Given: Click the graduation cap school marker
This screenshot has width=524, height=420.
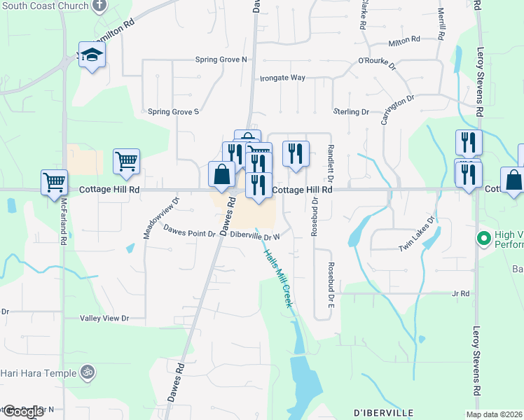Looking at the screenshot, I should coord(92,55).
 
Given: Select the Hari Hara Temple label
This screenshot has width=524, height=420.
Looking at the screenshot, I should coord(38,372).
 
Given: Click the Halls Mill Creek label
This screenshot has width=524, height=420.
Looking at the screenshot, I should coord(277,279).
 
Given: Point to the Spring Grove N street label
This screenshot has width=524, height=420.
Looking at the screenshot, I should coord(221,59).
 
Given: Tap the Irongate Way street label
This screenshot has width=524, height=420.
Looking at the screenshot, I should coord(282,78).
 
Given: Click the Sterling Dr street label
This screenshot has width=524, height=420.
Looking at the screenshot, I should coord(351,112).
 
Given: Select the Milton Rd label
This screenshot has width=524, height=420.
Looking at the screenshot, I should coord(404,41).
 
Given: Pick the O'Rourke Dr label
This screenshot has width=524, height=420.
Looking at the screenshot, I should coord(377,60).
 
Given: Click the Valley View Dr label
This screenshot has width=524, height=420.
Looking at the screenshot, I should coord(106,318).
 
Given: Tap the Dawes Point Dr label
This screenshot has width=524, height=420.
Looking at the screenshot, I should coord(189,230).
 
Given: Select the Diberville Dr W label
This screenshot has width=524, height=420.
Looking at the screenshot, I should coord(255,237).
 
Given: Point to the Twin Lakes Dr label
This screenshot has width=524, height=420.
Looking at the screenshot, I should coord(418,234).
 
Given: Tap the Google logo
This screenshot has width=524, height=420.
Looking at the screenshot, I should coord(22,412).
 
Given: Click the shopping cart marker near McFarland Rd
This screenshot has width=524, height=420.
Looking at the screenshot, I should coord(54,182).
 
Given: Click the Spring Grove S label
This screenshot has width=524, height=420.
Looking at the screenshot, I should coord(174,111).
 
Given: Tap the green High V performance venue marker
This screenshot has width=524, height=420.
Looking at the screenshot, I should coord(483,239).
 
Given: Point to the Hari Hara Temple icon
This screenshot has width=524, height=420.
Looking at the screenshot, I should coord(87,372).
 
